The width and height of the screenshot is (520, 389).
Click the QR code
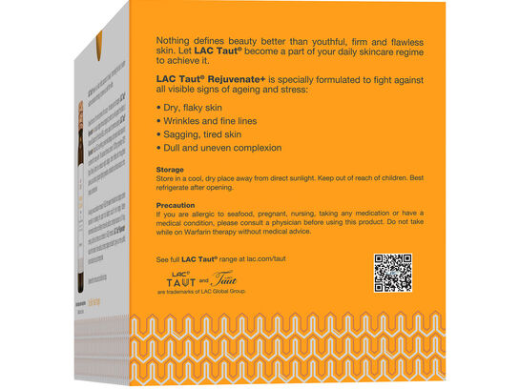[x=392, y=273]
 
